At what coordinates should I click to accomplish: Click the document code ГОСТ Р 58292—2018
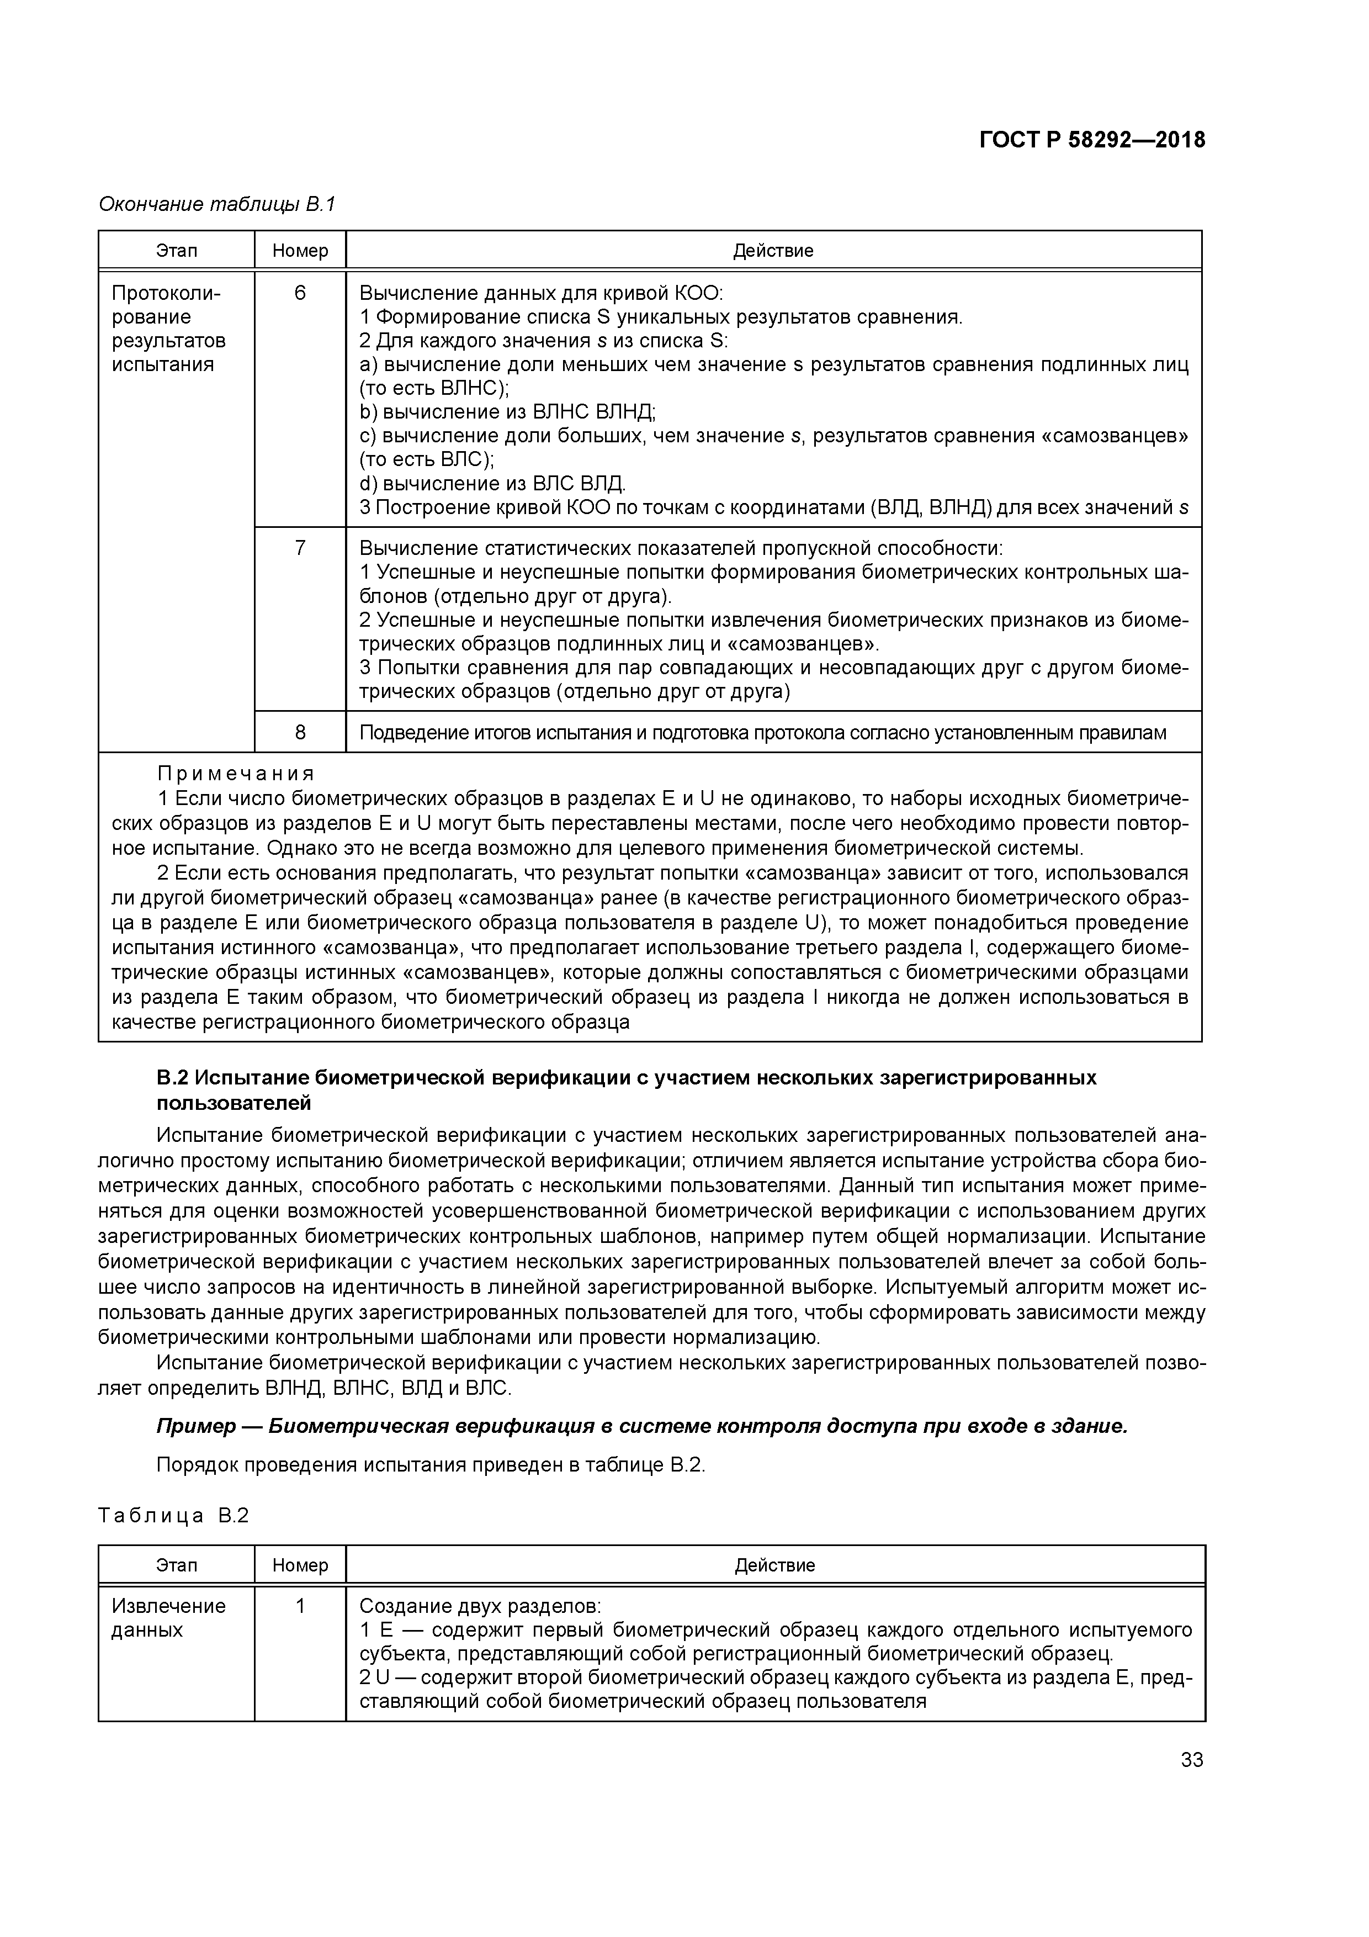coord(1092,140)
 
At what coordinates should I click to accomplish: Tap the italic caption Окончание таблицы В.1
coord(217,204)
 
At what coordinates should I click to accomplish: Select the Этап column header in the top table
coord(176,251)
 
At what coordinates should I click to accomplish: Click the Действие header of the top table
coord(773,251)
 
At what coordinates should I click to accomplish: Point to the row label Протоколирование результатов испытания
coord(169,329)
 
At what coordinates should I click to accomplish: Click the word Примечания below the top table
coord(236,774)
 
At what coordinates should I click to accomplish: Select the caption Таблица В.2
coord(174,1516)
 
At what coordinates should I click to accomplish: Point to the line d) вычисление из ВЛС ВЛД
coord(492,483)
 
